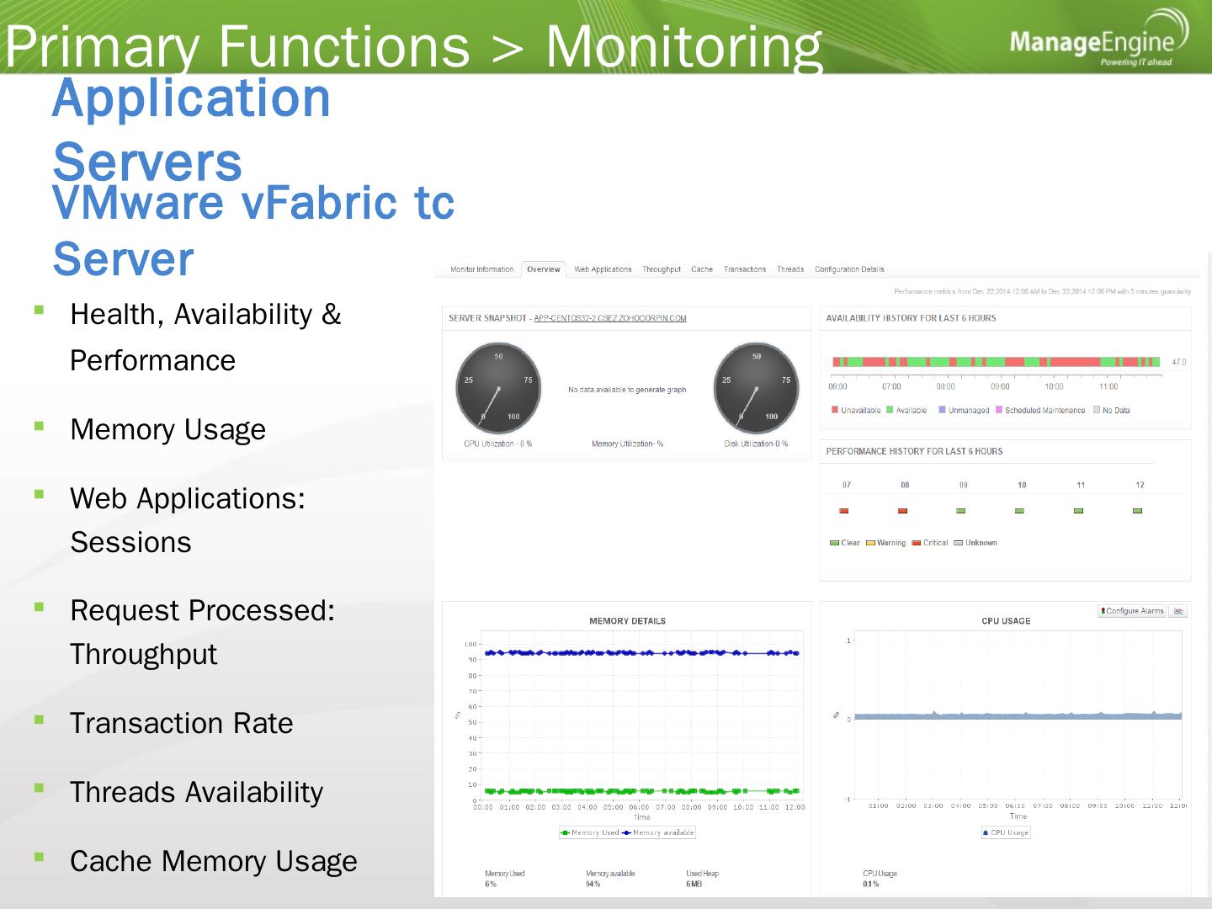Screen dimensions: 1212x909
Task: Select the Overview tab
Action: tap(543, 269)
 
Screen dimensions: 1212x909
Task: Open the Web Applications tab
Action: tap(603, 269)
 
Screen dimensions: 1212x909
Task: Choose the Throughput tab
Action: tap(662, 269)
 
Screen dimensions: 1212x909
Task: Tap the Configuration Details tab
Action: tap(849, 269)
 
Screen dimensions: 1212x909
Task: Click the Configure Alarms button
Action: tap(1132, 611)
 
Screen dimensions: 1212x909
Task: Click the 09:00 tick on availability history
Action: tap(1000, 387)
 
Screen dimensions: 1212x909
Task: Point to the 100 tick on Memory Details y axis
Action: tap(470, 645)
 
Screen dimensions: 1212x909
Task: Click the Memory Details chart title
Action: tap(627, 621)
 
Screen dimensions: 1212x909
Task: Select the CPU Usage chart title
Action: tap(1006, 621)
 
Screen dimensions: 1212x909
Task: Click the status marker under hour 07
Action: tap(844, 511)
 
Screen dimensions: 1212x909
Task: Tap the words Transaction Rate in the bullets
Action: tap(182, 724)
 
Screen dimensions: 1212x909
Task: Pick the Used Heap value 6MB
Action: tap(694, 885)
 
